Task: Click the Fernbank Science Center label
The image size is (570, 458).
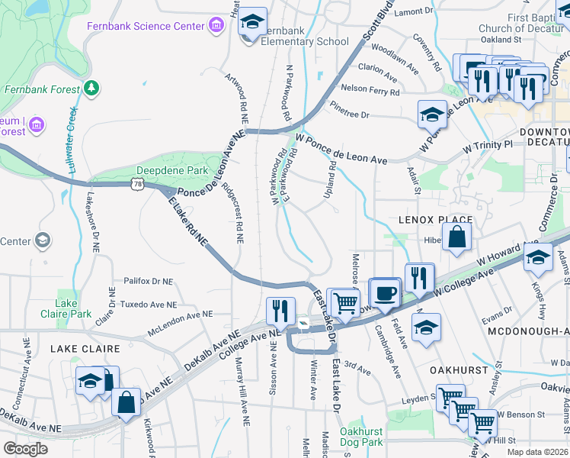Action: pyautogui.click(x=156, y=25)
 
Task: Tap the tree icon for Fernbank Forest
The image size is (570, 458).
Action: pyautogui.click(x=91, y=89)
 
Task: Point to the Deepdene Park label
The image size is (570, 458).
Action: pyautogui.click(x=166, y=170)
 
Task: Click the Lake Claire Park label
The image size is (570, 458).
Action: pyautogui.click(x=73, y=308)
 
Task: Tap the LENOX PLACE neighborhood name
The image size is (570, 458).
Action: pyautogui.click(x=435, y=220)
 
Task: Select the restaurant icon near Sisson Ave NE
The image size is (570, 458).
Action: pyautogui.click(x=280, y=310)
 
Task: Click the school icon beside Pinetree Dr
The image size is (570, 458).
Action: pyautogui.click(x=432, y=114)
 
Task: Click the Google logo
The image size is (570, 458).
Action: pyautogui.click(x=25, y=449)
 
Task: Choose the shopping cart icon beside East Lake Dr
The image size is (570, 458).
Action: pyautogui.click(x=346, y=302)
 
